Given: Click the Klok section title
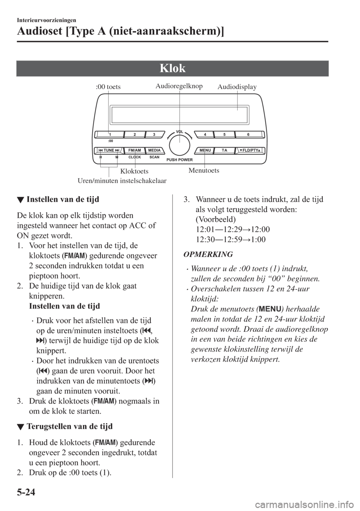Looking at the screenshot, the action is [x=172, y=68].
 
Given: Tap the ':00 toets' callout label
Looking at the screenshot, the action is [x=108, y=87].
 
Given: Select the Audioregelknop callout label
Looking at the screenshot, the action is [x=179, y=86].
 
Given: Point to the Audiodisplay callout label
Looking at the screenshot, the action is [x=237, y=87].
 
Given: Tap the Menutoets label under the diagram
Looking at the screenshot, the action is [x=204, y=171].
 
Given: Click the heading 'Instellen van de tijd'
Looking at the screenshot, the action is [x=63, y=199].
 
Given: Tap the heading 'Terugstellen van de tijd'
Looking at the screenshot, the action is [x=70, y=427].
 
